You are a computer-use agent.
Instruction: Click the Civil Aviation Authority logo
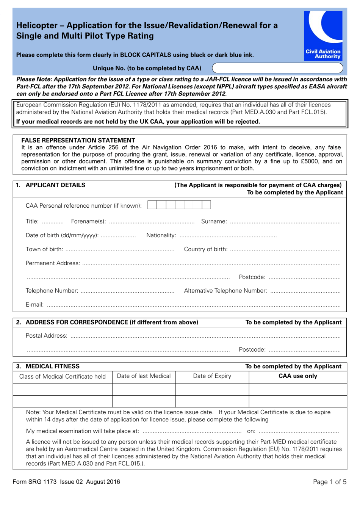[x=323, y=36]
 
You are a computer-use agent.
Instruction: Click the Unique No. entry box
[x=277, y=68]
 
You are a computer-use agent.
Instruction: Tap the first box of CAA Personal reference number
[x=152, y=205]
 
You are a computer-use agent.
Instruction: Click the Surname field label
[x=214, y=221]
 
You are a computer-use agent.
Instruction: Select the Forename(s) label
[x=88, y=221]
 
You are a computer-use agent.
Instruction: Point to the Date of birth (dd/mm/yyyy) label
[x=62, y=235]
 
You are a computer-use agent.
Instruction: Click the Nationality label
[x=161, y=235]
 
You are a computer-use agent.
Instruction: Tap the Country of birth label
[x=205, y=249]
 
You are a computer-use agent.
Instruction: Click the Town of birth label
[x=44, y=249]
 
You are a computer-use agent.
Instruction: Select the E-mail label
[x=34, y=305]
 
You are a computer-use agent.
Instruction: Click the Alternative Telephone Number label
[x=225, y=291]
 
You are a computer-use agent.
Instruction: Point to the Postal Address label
[x=46, y=336]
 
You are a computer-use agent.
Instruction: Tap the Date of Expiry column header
[x=212, y=376]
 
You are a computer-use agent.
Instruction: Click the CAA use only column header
[x=298, y=376]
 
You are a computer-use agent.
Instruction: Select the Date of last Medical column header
[x=144, y=376]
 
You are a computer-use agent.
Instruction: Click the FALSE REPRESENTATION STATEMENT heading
[x=78, y=140]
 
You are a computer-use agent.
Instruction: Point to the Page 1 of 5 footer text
[x=330, y=482]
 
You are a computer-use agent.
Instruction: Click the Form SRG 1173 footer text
[x=66, y=482]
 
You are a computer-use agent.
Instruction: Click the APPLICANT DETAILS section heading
[x=55, y=185]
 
